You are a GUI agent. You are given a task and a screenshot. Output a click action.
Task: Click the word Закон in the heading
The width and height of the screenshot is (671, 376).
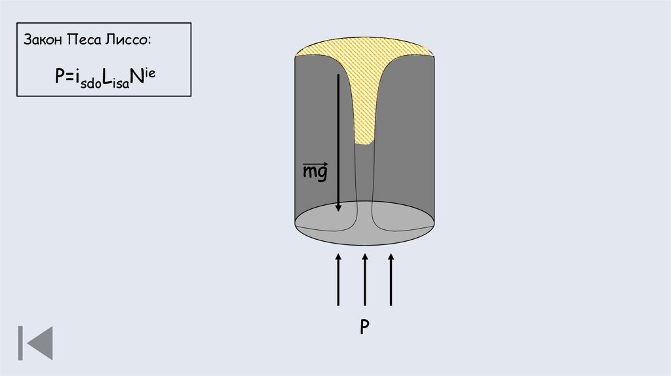(x=42, y=40)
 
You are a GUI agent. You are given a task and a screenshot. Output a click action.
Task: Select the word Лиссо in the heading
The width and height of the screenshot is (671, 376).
(x=128, y=40)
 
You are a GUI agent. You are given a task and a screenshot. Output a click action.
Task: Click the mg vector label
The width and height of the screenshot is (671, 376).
(x=315, y=172)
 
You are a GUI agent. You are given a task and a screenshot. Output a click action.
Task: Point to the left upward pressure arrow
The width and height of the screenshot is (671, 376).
(x=338, y=280)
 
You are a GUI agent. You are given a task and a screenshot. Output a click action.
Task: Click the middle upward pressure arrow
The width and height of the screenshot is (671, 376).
(x=364, y=280)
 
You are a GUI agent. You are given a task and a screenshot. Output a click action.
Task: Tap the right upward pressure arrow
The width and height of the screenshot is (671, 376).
(x=391, y=280)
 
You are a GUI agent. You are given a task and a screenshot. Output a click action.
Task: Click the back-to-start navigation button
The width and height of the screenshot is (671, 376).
(x=36, y=342)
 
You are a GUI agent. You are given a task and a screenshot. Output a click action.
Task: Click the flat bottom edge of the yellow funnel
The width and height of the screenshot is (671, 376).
(x=364, y=143)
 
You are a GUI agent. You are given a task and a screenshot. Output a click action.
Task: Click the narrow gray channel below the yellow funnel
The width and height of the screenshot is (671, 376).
(x=364, y=177)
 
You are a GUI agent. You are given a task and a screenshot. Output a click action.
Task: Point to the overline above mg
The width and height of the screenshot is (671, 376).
(x=315, y=166)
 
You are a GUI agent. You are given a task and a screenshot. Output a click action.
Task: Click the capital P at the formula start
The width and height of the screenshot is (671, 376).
(x=60, y=75)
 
